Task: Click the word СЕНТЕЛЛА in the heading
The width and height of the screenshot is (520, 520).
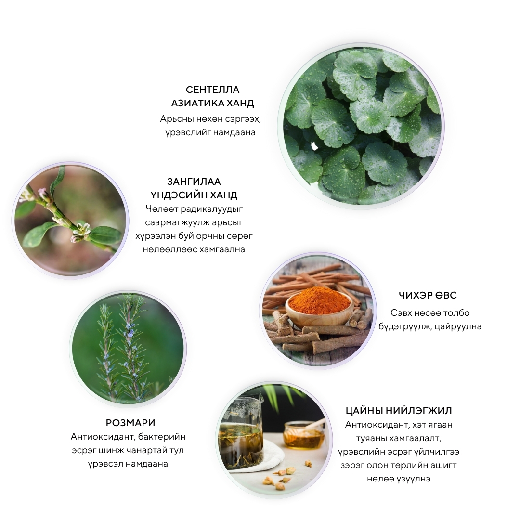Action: (212, 90)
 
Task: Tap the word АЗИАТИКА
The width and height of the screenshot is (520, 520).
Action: (197, 103)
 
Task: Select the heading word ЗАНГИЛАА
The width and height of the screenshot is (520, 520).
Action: (194, 182)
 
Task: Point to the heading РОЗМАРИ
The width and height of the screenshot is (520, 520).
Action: (130, 423)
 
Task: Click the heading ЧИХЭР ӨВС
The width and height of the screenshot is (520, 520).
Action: (428, 295)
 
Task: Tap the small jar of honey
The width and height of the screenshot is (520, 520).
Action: (304, 435)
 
